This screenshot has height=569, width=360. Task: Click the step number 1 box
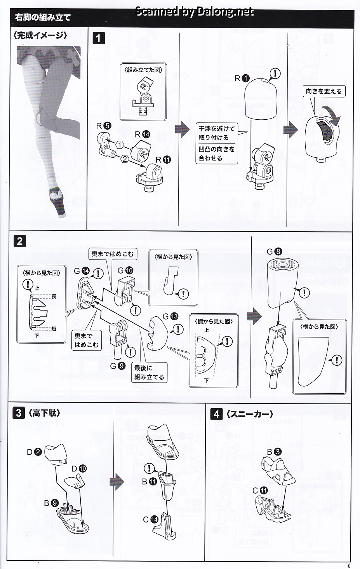click(99, 38)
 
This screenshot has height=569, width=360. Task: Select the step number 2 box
click(20, 241)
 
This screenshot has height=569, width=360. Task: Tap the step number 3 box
click(19, 413)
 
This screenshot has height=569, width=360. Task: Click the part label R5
click(104, 126)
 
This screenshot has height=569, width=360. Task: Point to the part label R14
click(143, 134)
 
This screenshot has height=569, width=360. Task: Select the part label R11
click(163, 160)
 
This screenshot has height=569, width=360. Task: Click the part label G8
click(275, 251)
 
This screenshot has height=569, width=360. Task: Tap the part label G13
click(170, 316)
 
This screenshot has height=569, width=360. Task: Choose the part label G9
click(118, 366)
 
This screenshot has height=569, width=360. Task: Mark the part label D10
click(79, 468)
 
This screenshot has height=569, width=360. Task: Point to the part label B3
click(274, 452)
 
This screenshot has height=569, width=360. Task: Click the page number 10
click(348, 566)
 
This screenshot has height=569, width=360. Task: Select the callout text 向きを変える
click(324, 91)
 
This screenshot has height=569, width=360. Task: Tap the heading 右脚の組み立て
click(42, 17)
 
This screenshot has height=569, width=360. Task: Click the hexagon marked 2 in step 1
click(124, 159)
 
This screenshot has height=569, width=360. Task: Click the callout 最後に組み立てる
click(149, 372)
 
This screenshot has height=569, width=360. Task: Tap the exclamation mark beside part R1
click(275, 74)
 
